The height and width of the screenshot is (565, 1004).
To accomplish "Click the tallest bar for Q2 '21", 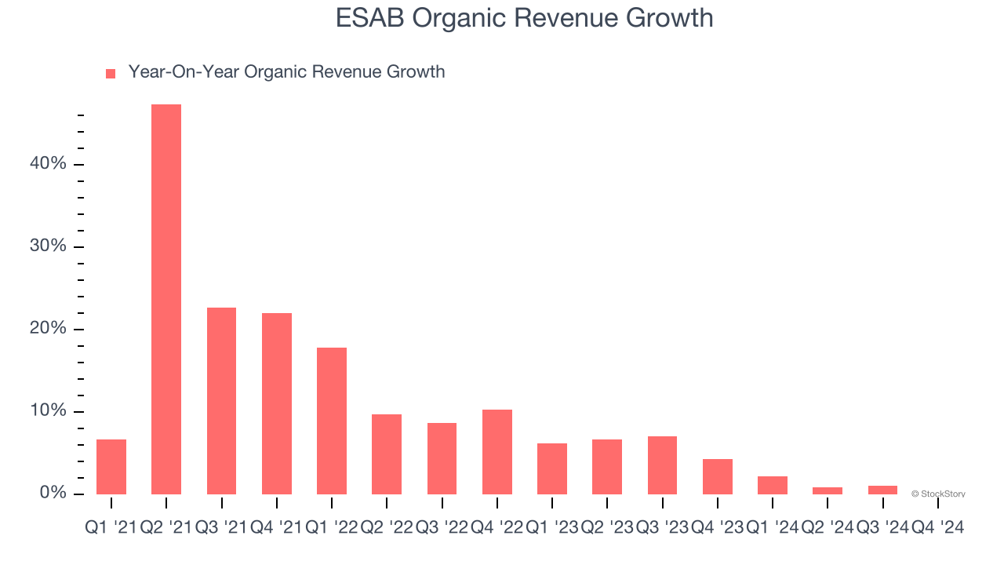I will tap(166, 299).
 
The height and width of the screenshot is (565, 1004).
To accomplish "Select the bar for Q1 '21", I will tap(111, 467).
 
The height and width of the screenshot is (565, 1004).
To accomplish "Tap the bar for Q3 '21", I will tap(221, 401).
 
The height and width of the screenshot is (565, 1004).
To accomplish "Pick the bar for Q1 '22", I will tap(332, 421).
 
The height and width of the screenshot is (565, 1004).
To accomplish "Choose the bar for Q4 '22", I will tap(497, 452).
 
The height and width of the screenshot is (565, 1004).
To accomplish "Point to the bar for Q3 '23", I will tap(662, 465).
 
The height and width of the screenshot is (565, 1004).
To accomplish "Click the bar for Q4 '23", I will tap(718, 476).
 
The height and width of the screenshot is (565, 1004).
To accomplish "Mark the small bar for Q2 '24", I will tap(828, 490).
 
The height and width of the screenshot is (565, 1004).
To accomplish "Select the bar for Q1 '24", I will tap(773, 485).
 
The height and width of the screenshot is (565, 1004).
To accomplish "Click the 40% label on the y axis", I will tap(49, 164).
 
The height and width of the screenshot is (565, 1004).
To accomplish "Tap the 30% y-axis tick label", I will tap(49, 246).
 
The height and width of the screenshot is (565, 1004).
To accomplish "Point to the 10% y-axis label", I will tap(49, 411).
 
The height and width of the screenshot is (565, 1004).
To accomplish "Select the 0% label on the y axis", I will tap(53, 494).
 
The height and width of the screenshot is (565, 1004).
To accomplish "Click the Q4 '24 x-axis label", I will tap(937, 528).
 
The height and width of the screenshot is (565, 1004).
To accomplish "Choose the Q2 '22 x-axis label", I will tap(387, 528).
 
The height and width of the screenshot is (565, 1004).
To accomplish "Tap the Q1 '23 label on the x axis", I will tap(552, 528).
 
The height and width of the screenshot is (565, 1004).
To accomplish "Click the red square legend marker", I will tap(111, 74).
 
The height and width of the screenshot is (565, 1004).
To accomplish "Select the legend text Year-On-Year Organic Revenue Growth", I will tap(286, 72).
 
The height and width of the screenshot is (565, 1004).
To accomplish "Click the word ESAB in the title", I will tap(366, 18).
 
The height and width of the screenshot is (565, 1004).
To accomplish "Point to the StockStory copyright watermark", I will tap(938, 494).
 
